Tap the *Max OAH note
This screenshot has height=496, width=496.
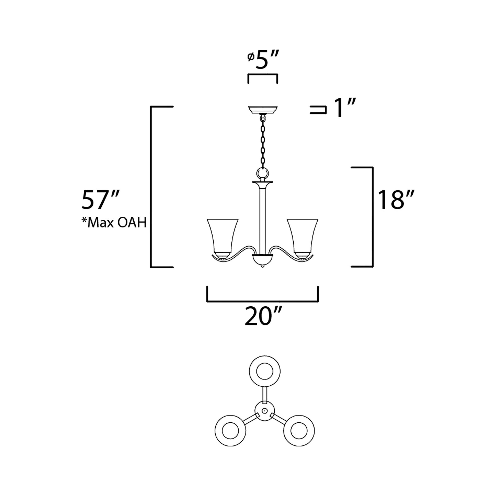[114, 223]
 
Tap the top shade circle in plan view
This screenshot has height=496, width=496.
[265, 371]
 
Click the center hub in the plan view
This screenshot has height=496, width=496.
[264, 411]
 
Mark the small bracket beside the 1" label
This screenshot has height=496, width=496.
[318, 110]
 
